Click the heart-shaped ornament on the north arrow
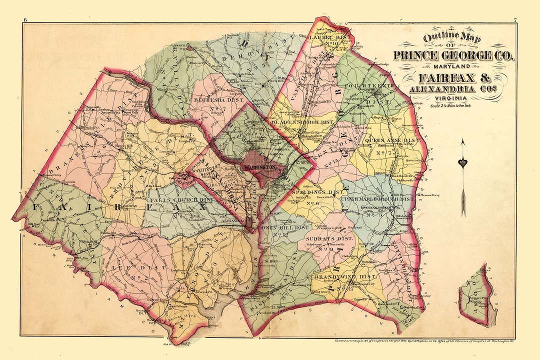pos(463,163)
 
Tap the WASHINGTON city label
pos(259,167)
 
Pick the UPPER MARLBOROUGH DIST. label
pos(378,199)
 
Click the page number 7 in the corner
pos(515,20)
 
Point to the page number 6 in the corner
pos(24,20)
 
